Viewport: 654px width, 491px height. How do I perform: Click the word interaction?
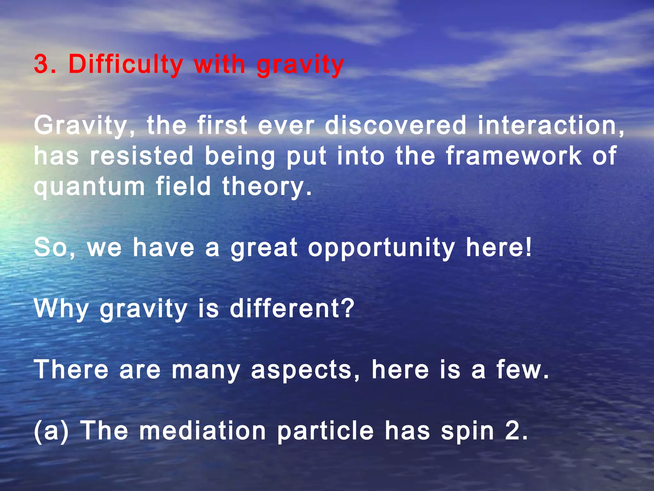click(551, 126)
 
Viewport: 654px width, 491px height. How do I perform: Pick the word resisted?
click(141, 156)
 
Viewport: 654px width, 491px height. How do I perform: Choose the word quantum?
click(89, 187)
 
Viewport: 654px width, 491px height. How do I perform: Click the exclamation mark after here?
click(528, 247)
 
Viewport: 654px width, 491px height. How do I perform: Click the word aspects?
click(301, 370)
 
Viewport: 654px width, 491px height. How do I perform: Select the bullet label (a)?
click(51, 431)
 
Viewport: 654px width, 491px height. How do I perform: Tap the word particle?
click(325, 432)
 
